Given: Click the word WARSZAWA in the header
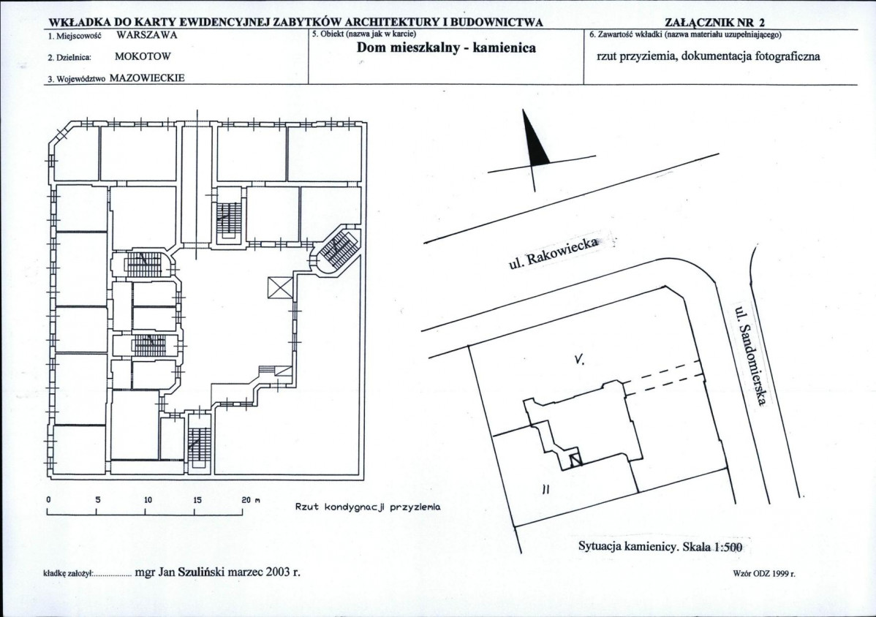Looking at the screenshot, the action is click(147, 35).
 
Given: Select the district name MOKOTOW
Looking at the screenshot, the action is click(143, 56).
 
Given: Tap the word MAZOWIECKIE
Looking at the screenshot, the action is click(147, 78).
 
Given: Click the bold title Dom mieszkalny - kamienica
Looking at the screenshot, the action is click(446, 48).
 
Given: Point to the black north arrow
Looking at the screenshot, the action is click(534, 137).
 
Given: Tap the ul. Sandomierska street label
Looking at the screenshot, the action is click(750, 355).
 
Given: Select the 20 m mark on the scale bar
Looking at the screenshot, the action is click(251, 500).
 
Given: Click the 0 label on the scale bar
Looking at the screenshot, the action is click(48, 500).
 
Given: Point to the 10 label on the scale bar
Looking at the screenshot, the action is click(148, 500).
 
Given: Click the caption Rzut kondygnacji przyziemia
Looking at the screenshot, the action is click(368, 507).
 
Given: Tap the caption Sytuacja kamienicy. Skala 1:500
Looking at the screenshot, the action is click(660, 548).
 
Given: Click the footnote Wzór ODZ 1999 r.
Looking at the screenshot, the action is click(764, 573).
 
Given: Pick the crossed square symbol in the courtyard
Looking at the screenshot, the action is click(281, 287).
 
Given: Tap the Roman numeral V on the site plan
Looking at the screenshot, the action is click(579, 360).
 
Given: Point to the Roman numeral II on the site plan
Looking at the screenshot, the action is click(545, 489).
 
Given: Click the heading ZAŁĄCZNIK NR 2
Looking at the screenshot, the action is click(716, 23).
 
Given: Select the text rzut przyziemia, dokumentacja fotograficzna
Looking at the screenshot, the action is click(709, 56).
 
